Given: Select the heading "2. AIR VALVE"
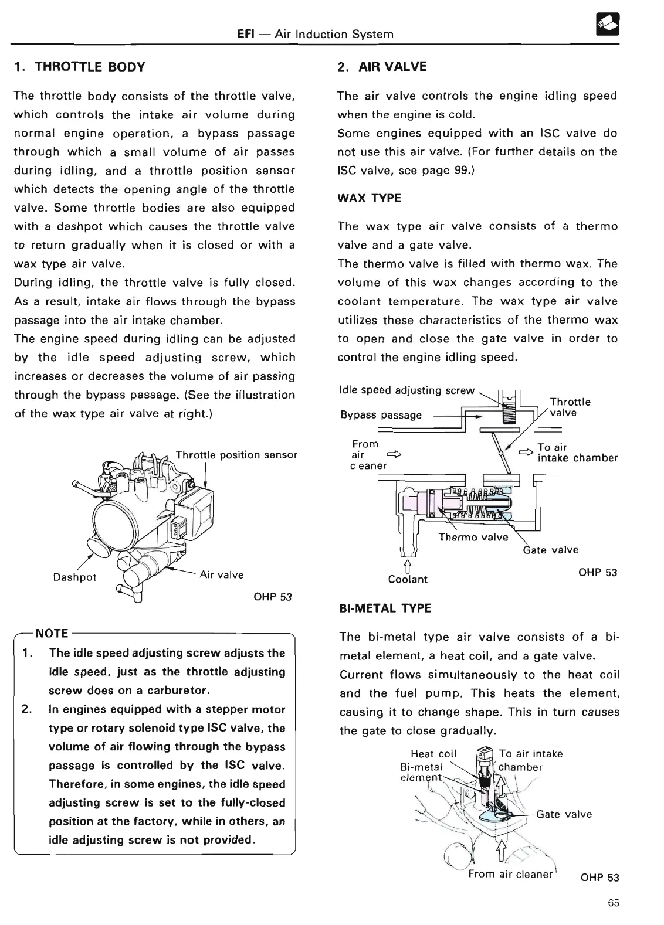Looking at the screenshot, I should click(382, 67).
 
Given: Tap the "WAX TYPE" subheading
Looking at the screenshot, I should click(370, 198).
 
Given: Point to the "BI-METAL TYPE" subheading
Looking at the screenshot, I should click(385, 608).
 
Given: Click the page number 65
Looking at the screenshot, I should click(614, 903).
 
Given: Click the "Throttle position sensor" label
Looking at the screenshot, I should click(236, 455).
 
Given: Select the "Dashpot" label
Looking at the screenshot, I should click(74, 577).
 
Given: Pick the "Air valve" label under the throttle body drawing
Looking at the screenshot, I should click(222, 574).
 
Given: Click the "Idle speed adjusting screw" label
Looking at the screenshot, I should click(407, 390).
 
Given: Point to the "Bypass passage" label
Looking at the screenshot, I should click(381, 415).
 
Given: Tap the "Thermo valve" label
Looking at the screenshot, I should click(473, 537).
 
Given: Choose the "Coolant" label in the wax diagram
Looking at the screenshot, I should click(408, 580).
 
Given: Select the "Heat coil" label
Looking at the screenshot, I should click(433, 754).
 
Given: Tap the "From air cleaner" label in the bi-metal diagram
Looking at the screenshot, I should click(510, 874).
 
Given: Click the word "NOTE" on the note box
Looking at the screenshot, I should click(52, 633).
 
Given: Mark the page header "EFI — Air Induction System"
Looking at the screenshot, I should click(314, 34).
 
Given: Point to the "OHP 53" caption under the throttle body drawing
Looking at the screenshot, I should click(272, 597).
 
